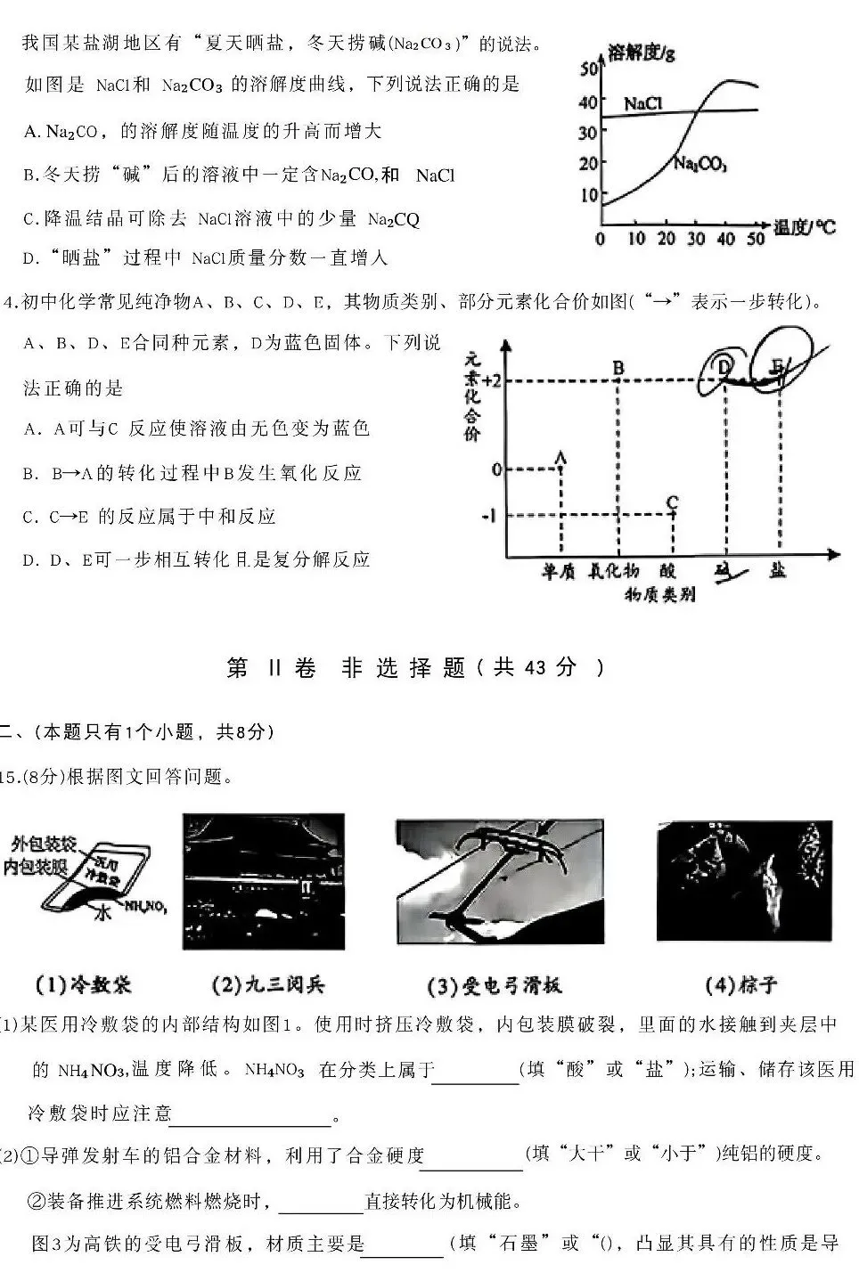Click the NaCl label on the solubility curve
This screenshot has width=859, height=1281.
coord(642,104)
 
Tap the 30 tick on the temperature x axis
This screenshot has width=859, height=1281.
coord(696,239)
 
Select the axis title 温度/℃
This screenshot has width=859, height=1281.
coord(805,228)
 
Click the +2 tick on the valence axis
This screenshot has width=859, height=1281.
coord(491,381)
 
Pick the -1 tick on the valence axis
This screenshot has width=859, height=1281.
coord(489,515)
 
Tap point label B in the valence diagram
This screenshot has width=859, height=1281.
coord(618,367)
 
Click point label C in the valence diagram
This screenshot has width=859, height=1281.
coord(672,502)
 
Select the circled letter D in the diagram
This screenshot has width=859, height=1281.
coord(724,366)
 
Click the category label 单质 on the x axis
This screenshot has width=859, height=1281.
coord(561,572)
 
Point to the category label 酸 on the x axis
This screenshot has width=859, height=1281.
coord(669,572)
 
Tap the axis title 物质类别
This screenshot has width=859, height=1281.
coord(659,594)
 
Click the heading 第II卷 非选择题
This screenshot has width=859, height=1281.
coord(414,667)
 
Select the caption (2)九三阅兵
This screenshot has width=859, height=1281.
coord(267,984)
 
